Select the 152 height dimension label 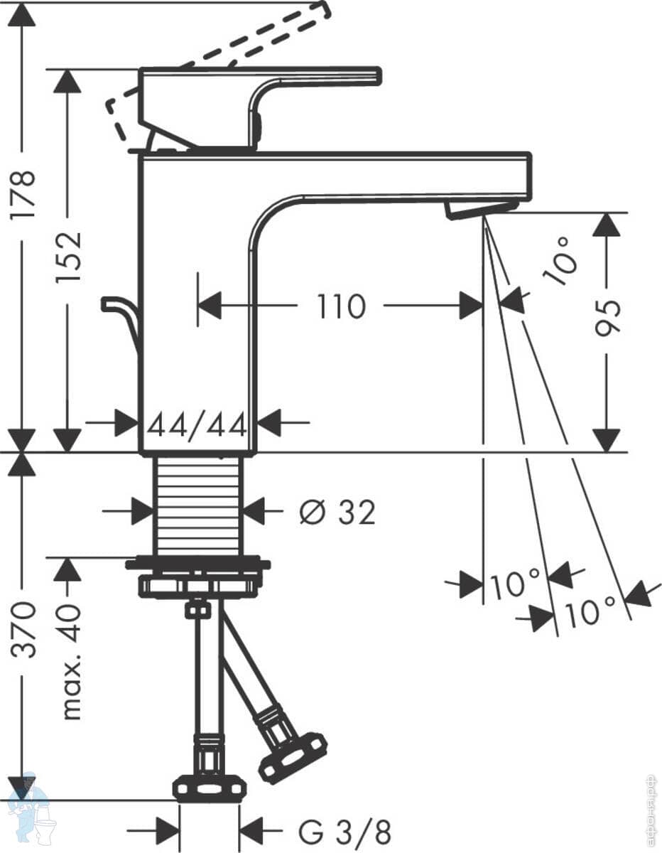(68, 258)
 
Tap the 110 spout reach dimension (341, 306)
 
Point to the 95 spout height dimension (607, 318)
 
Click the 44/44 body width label (197, 424)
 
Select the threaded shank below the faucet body (197, 507)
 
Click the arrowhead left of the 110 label (210, 306)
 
